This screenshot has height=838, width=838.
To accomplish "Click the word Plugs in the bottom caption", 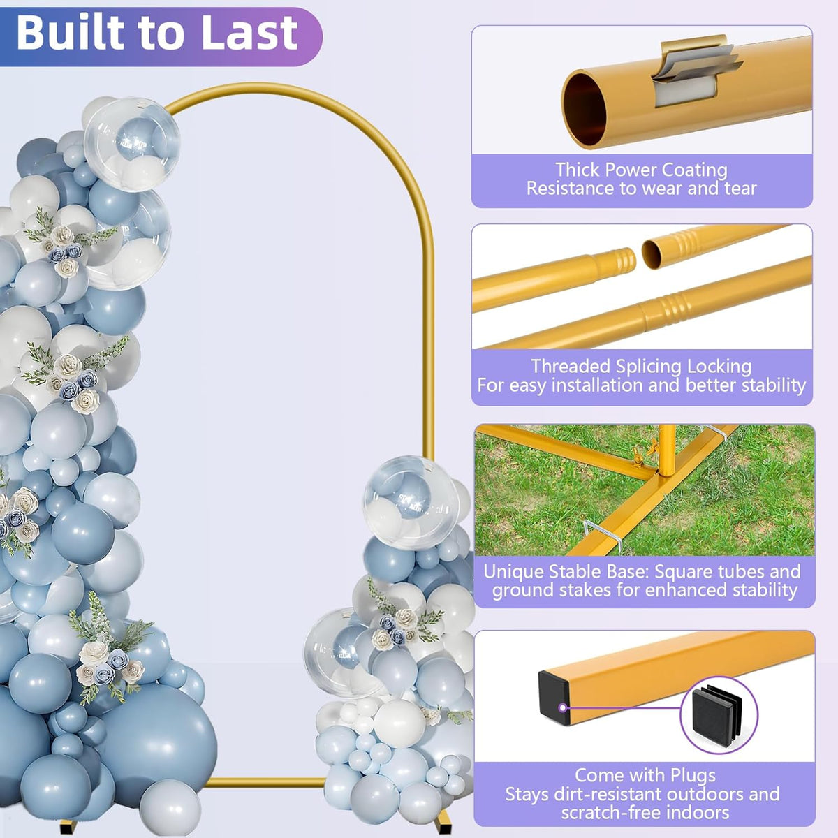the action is point(693,775).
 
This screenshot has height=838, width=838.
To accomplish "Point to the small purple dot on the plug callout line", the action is point(563,707).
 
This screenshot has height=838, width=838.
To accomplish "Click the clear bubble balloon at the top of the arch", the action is point(132,144).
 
